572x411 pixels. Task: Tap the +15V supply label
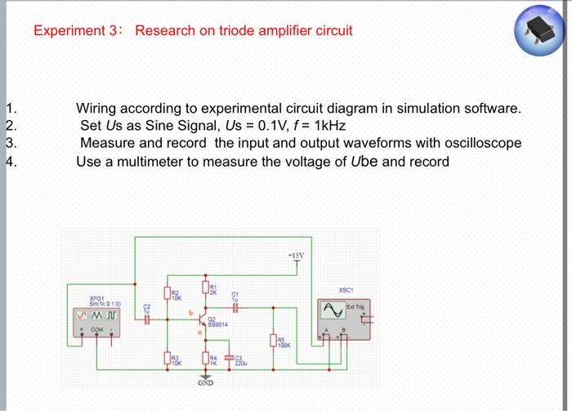[295, 254]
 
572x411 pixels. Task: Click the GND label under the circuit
[205, 382]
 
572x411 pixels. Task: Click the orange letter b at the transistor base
[190, 311]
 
